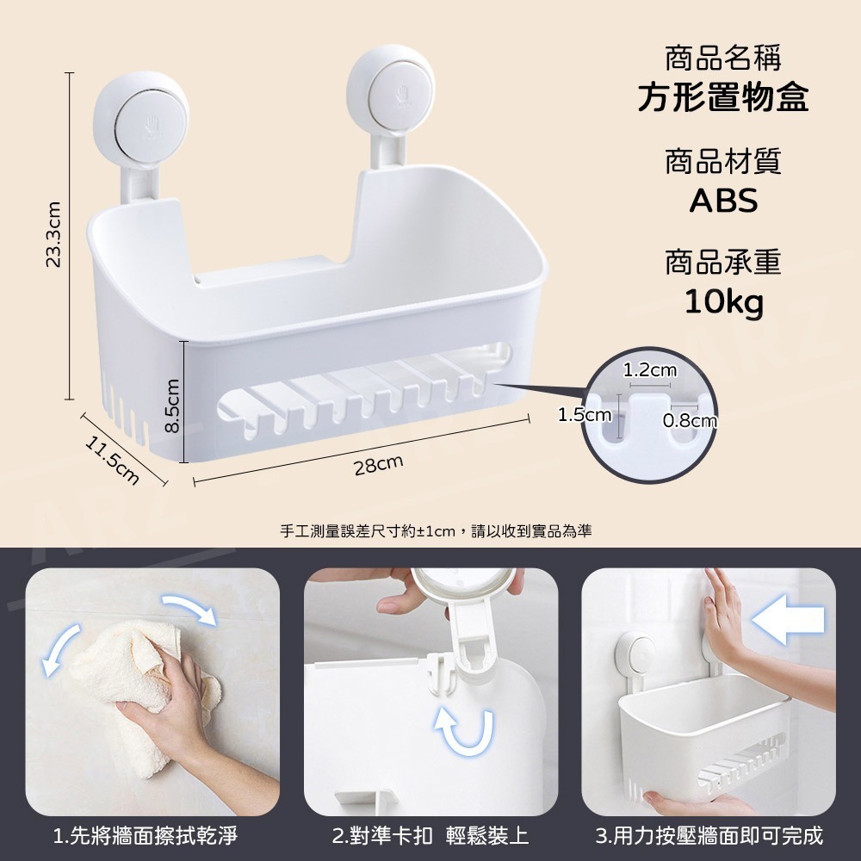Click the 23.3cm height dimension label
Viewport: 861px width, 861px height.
53,234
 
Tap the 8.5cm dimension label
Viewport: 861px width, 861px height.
172,406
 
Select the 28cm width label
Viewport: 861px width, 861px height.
378,465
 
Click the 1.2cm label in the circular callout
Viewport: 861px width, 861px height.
649,370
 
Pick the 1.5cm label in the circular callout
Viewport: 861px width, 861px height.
585,414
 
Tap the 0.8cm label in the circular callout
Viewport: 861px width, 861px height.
690,421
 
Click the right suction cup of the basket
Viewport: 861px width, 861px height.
391,88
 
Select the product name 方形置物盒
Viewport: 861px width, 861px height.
722,98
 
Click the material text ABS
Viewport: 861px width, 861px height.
723,200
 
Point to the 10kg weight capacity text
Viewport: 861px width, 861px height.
724,302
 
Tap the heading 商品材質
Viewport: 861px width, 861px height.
723,161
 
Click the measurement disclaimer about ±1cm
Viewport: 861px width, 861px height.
436,531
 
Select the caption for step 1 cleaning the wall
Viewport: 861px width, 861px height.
146,835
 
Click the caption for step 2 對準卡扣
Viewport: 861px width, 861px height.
430,835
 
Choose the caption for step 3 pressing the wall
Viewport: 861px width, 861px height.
709,835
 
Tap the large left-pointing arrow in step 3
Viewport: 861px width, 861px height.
788,619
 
